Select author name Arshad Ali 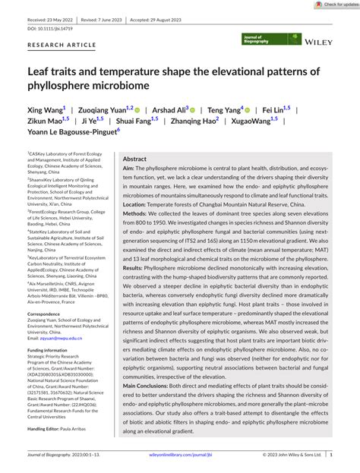(173, 110)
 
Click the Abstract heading (135, 159)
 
